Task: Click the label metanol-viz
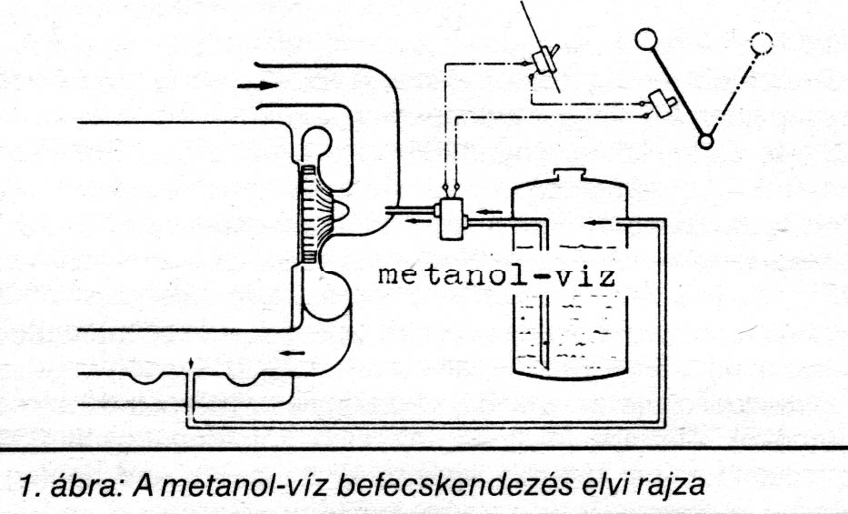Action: (x=496, y=275)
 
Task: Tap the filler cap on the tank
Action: (x=569, y=174)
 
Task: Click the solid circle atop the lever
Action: (x=645, y=39)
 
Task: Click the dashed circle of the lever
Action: (x=762, y=41)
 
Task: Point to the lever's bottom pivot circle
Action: (x=704, y=141)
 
